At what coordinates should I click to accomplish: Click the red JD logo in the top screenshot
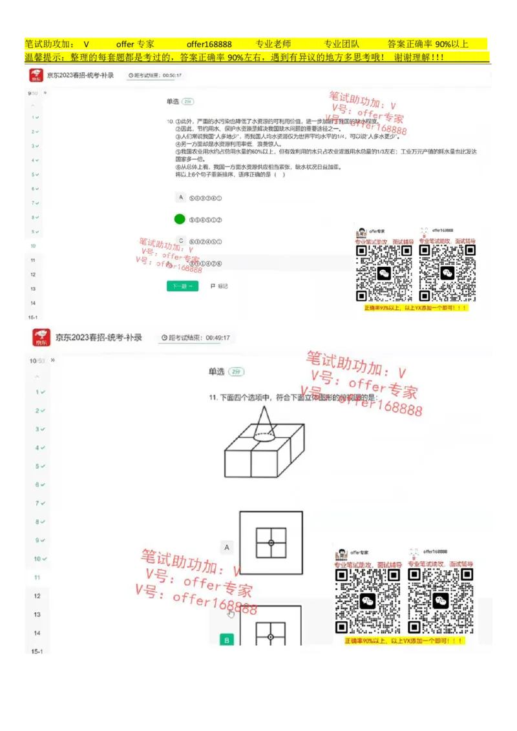pyautogui.click(x=36, y=76)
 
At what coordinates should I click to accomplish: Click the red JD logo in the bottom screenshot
pyautogui.click(x=42, y=338)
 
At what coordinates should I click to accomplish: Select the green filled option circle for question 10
pyautogui.click(x=180, y=219)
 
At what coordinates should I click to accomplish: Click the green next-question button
pyautogui.click(x=182, y=286)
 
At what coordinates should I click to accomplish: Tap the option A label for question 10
pyautogui.click(x=181, y=197)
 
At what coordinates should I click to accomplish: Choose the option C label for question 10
pyautogui.click(x=181, y=241)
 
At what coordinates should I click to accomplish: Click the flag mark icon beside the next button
pyautogui.click(x=213, y=286)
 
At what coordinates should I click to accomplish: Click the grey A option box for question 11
pyautogui.click(x=227, y=548)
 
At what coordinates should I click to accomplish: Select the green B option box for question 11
pyautogui.click(x=227, y=640)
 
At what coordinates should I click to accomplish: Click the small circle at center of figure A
pyautogui.click(x=271, y=542)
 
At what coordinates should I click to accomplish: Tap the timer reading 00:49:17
pyautogui.click(x=217, y=338)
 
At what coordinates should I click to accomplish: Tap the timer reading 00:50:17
pyautogui.click(x=171, y=76)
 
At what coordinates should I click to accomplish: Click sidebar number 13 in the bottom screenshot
pyautogui.click(x=37, y=615)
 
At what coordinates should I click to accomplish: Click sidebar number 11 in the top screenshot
pyautogui.click(x=32, y=260)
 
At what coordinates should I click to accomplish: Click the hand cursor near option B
pyautogui.click(x=231, y=613)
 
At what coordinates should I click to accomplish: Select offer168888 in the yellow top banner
pyautogui.click(x=209, y=45)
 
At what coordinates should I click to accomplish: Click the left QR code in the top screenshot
pyautogui.click(x=385, y=273)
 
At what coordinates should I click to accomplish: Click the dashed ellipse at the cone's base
pyautogui.click(x=266, y=436)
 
